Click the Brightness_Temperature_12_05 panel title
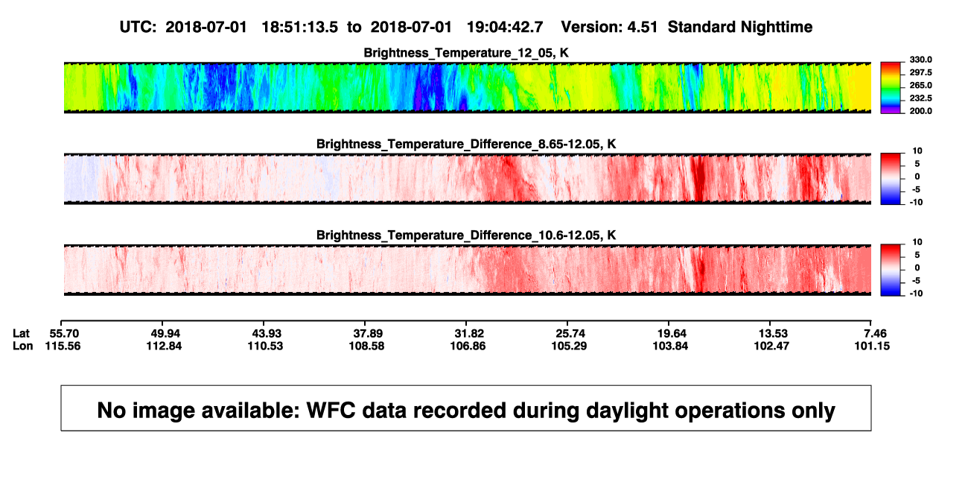[x=466, y=53]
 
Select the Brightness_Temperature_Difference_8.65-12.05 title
[x=466, y=144]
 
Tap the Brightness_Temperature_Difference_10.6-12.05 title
[x=466, y=235]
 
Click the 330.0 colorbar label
[x=920, y=60]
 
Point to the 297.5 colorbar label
[x=920, y=72]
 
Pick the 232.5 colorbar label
[x=920, y=98]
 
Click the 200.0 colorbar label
[x=920, y=111]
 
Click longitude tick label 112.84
[x=164, y=346]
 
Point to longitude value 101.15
[x=872, y=346]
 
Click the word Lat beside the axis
[x=21, y=334]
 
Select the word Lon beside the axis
[x=22, y=346]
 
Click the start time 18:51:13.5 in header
[x=300, y=28]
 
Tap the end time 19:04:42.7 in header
[x=505, y=28]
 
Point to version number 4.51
[x=643, y=28]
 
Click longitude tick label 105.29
[x=569, y=346]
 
